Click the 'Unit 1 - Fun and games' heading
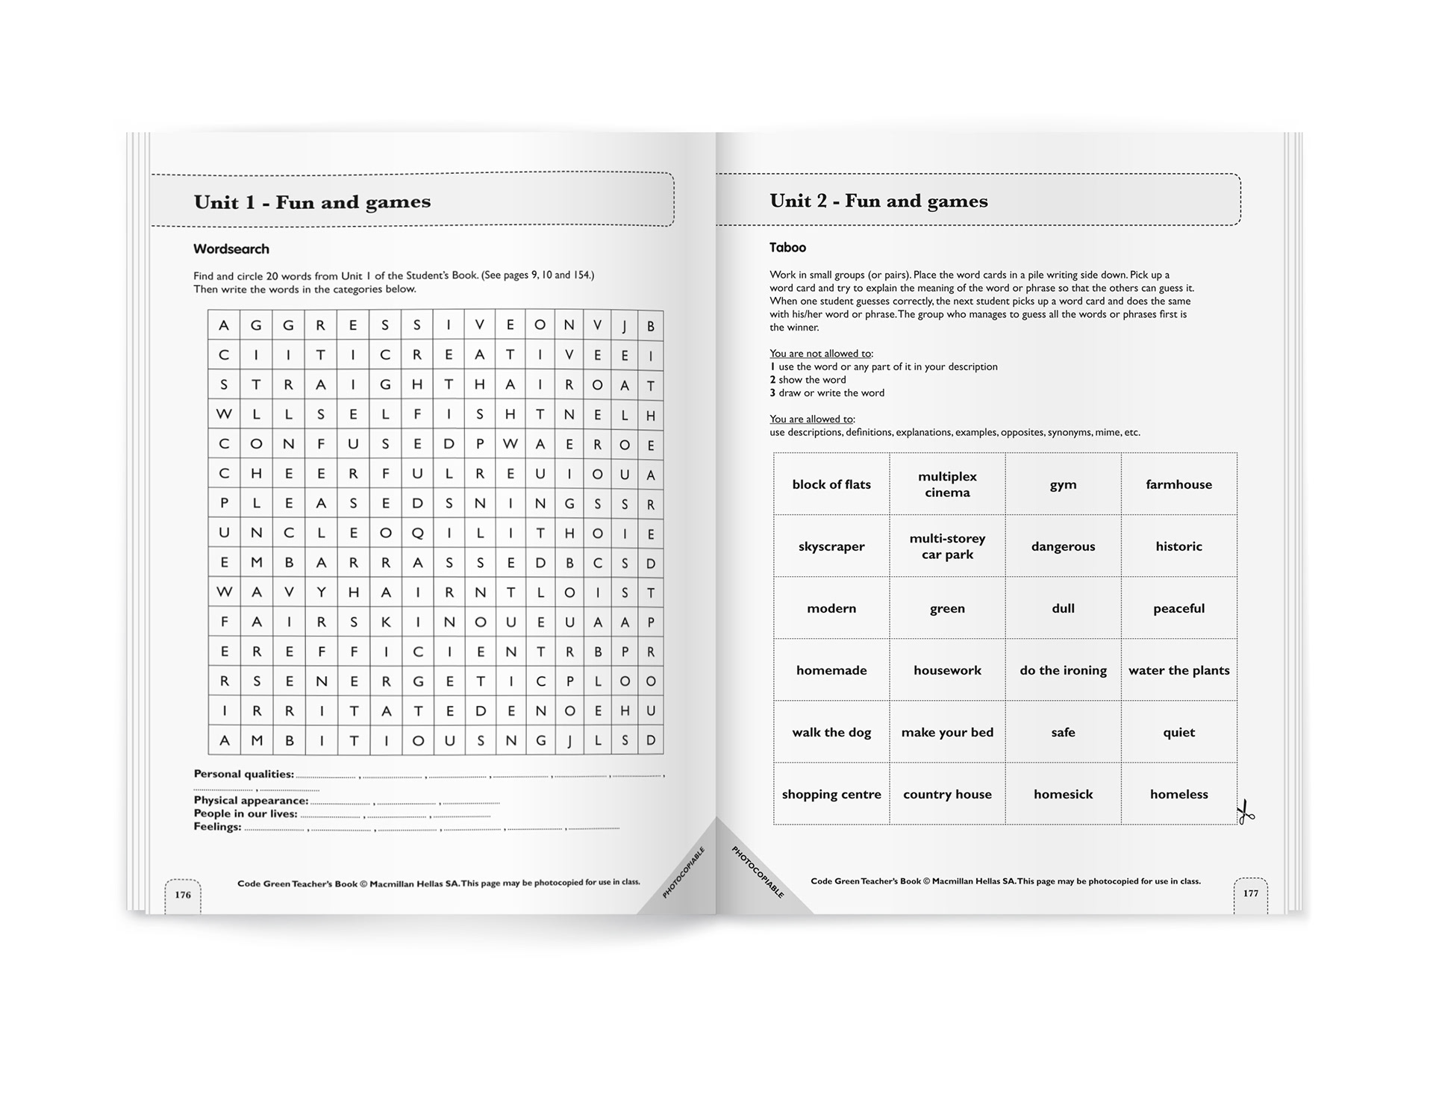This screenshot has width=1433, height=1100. [312, 202]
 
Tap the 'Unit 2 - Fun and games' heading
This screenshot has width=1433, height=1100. [878, 201]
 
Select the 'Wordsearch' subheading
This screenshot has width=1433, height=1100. [231, 249]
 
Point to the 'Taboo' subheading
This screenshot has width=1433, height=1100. [788, 248]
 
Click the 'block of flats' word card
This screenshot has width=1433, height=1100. [831, 484]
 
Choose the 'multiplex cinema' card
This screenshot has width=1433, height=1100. [947, 484]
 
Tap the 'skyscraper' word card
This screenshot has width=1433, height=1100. [831, 546]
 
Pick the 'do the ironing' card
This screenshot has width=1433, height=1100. [1063, 670]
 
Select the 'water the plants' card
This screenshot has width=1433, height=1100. [1178, 670]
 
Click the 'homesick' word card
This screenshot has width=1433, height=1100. [1063, 794]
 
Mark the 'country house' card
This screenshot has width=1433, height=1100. [947, 794]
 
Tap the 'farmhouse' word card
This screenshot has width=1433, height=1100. [1178, 484]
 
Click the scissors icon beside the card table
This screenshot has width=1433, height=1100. [1245, 812]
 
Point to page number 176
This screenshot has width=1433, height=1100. [183, 895]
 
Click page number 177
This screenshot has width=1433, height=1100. [1251, 893]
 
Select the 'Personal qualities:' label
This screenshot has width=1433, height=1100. [243, 774]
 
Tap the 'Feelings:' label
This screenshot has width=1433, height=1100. [217, 827]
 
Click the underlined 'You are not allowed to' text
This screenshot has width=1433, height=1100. [821, 354]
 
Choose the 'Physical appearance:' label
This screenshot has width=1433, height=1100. [251, 801]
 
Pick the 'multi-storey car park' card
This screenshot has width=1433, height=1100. [947, 546]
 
